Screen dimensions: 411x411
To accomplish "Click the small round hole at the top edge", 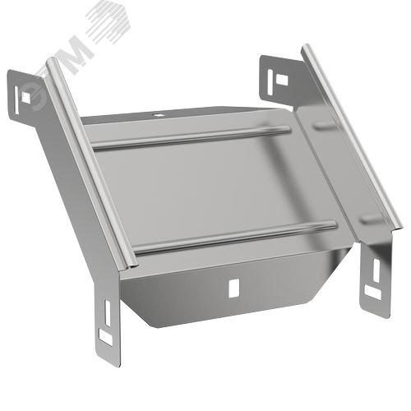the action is pos(158,115).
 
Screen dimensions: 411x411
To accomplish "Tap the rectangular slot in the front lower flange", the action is pos(233,288).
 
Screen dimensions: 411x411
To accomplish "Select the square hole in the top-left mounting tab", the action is pos(26,97).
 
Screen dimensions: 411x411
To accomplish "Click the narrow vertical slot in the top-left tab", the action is pos(16,100).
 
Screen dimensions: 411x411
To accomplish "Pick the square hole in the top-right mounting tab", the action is pos(282,80).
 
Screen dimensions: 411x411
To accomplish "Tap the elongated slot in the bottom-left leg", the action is pos(108,313).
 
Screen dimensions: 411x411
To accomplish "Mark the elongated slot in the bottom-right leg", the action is pos(376,270).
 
